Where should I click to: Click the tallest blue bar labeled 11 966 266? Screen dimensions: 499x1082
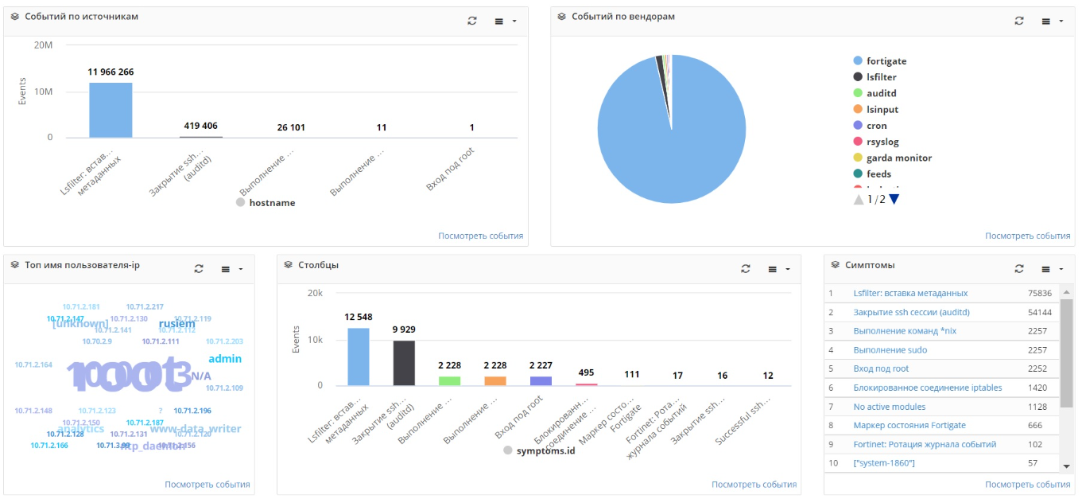point(111,110)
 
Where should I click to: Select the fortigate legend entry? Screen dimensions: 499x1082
point(886,61)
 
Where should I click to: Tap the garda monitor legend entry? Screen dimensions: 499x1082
point(898,158)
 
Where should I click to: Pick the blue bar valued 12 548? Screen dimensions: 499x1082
point(359,357)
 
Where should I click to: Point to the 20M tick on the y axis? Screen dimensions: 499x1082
point(43,45)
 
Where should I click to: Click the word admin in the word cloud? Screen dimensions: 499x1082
point(225,359)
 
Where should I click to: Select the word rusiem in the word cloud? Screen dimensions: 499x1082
point(176,324)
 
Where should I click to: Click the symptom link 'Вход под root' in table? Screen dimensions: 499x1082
point(881,368)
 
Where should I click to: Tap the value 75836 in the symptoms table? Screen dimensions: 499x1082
point(1039,293)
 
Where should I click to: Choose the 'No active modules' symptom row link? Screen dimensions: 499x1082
point(889,407)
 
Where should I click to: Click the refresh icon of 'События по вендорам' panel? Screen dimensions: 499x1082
point(1019,21)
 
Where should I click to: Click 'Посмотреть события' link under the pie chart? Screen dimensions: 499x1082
point(1027,236)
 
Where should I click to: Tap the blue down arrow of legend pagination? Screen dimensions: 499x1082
point(894,199)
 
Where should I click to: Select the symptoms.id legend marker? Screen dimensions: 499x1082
point(508,450)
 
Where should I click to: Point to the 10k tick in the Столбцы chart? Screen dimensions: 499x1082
point(316,340)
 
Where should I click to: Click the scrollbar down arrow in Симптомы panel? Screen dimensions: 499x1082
point(1067,466)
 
